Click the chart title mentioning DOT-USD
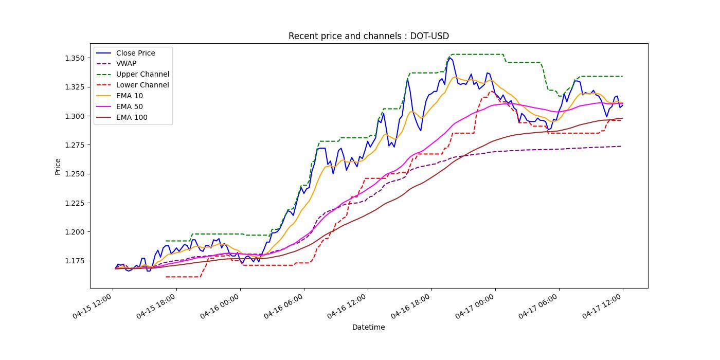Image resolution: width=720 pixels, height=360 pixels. click(x=368, y=36)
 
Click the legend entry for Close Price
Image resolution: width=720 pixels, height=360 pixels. click(x=135, y=53)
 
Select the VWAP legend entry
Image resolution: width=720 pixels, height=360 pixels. click(x=126, y=64)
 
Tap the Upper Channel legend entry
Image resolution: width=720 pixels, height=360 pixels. click(x=142, y=75)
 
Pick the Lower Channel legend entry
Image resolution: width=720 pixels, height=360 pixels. click(x=142, y=85)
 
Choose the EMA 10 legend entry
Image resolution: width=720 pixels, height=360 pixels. click(x=129, y=96)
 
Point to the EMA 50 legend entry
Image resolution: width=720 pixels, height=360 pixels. click(x=129, y=107)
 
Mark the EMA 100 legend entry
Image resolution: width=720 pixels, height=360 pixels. click(x=131, y=118)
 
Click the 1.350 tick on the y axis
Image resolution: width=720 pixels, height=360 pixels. click(x=75, y=58)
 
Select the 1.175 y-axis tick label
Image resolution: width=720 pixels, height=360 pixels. click(x=75, y=261)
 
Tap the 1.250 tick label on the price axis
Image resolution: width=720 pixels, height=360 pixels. click(x=75, y=174)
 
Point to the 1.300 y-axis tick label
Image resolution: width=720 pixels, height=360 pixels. click(x=75, y=116)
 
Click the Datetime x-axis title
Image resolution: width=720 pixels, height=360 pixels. click(x=368, y=327)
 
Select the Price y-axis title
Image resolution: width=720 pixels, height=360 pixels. click(x=58, y=167)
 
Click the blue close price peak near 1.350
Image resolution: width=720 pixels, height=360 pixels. click(x=449, y=58)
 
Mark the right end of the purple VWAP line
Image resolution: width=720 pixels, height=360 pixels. click(x=622, y=146)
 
